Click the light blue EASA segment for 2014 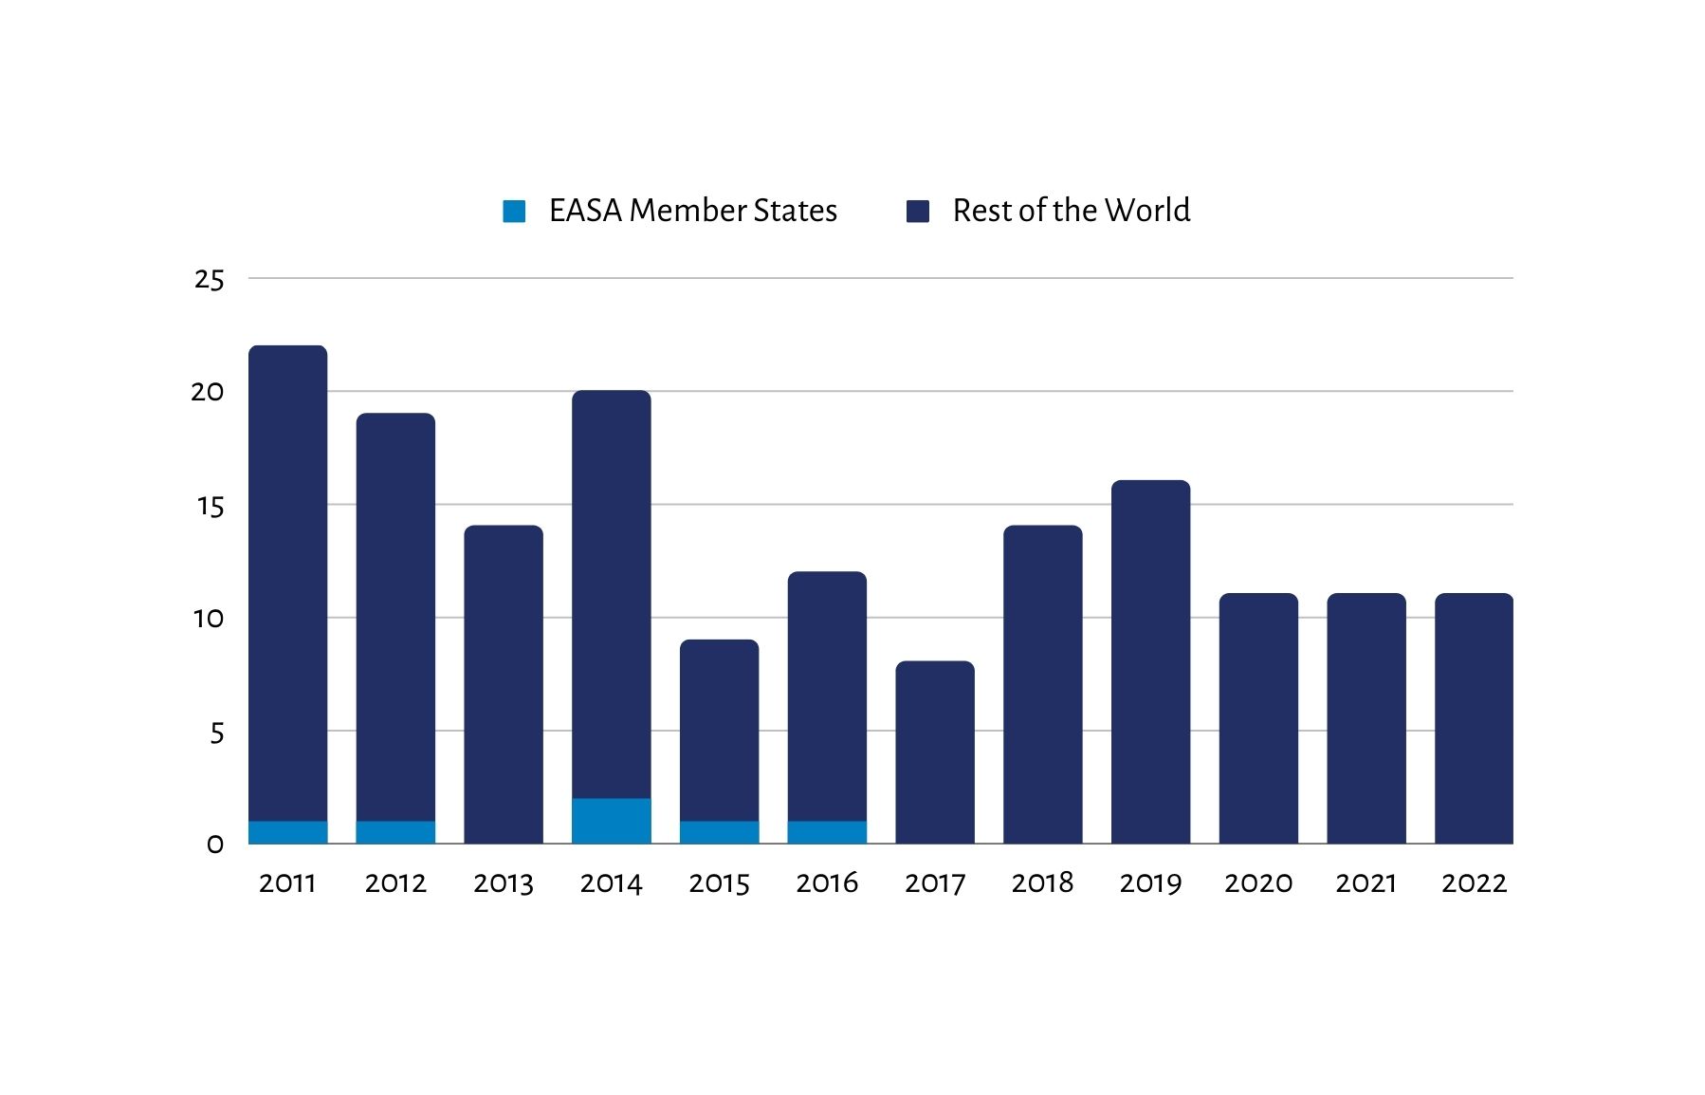(611, 821)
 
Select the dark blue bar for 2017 (934, 752)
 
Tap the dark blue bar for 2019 (1150, 661)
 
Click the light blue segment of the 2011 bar (287, 832)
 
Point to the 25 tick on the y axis (209, 279)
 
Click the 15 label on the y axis (210, 506)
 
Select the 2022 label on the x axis (1474, 883)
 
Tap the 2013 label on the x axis (504, 883)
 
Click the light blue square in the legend (514, 211)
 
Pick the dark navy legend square (918, 211)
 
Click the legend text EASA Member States (692, 211)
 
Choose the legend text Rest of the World (1071, 211)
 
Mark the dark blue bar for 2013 (504, 684)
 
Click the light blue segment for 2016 (827, 832)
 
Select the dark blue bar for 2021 (1366, 718)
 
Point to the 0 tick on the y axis (215, 844)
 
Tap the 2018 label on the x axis (1042, 883)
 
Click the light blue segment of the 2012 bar (395, 832)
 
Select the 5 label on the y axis (217, 733)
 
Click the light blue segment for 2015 (719, 832)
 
